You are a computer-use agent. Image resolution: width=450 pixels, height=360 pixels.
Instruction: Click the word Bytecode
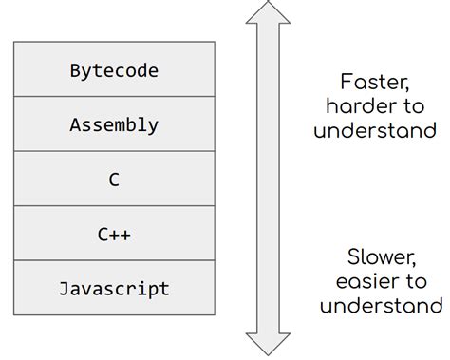[x=114, y=70]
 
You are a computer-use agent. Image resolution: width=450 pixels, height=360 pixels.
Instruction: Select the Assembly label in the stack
[x=114, y=124]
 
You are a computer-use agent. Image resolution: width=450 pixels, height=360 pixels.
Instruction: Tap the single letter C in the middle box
[x=114, y=180]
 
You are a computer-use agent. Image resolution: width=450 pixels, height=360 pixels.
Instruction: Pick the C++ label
[x=114, y=234]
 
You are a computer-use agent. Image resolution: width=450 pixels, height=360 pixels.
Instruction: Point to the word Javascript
[x=114, y=288]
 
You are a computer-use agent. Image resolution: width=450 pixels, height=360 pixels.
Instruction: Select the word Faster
[x=373, y=82]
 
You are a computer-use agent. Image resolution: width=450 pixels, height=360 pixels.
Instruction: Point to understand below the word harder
[x=374, y=130]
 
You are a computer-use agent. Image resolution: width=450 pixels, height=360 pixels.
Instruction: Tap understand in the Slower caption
[x=381, y=306]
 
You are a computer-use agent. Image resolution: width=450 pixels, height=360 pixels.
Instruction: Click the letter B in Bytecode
[x=75, y=70]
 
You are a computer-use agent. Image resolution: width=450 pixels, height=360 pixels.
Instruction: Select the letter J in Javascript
[x=64, y=288]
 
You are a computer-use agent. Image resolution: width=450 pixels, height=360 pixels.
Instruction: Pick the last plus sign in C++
[x=125, y=234]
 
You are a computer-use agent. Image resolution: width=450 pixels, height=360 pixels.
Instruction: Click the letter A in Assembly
[x=75, y=124]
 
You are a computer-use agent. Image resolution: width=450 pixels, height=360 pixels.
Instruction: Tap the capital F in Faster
[x=347, y=82]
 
